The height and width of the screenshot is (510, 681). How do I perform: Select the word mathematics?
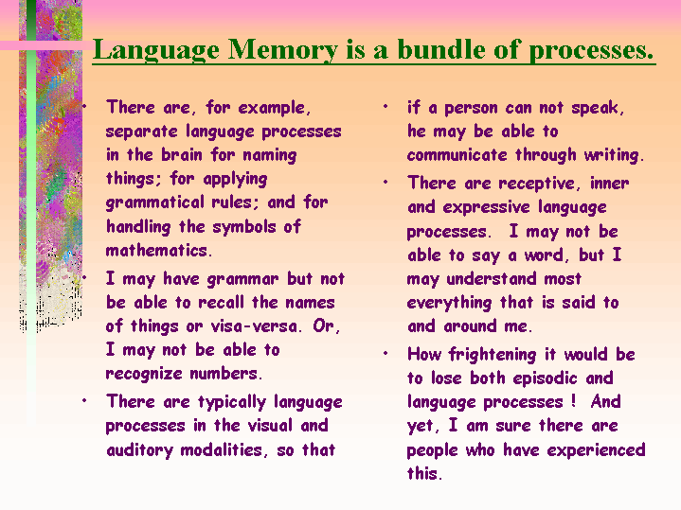(159, 251)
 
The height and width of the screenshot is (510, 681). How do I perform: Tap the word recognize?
(144, 374)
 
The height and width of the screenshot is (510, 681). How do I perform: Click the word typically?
(232, 403)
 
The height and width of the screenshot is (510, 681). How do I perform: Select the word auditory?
(140, 450)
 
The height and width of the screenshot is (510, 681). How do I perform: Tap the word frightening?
(493, 355)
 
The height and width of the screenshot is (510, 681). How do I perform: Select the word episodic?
(545, 378)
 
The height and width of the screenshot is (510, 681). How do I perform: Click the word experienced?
(597, 450)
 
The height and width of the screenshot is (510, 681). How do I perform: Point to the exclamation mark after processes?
(574, 400)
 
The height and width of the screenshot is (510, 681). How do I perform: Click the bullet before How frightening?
(385, 354)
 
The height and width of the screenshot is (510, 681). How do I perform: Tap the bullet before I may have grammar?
(84, 277)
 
